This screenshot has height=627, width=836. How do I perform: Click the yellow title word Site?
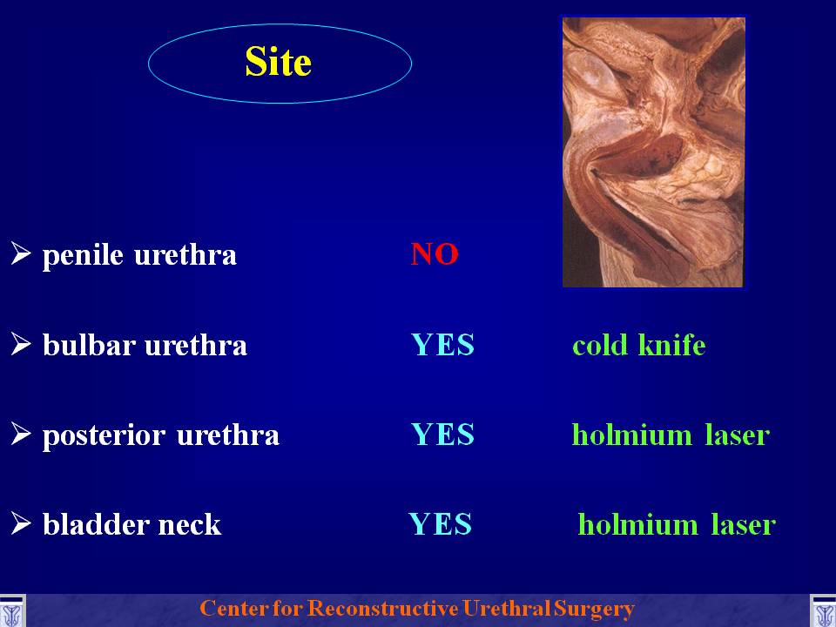[278, 61]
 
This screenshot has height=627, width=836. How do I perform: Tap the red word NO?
[435, 253]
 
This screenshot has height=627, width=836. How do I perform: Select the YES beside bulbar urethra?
[442, 345]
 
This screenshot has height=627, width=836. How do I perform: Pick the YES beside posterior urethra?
[442, 434]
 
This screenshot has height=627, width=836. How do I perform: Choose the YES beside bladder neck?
[441, 523]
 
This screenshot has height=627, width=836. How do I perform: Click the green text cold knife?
[638, 345]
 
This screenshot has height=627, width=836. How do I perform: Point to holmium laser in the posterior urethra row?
[671, 434]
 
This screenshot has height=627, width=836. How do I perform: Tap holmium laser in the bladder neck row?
[677, 523]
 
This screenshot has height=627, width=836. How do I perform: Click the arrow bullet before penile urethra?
[21, 253]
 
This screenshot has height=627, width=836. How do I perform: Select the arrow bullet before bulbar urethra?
[21, 343]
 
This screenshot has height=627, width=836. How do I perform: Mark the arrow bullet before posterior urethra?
[21, 433]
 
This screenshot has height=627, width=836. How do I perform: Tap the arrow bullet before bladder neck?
[21, 522]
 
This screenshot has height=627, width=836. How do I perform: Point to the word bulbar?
[89, 345]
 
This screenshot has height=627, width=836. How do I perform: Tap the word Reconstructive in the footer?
[383, 608]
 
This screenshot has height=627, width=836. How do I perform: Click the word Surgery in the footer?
[594, 609]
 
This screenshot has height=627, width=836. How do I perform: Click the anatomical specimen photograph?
[654, 152]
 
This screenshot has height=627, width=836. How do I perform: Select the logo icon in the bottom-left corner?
[11, 611]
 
